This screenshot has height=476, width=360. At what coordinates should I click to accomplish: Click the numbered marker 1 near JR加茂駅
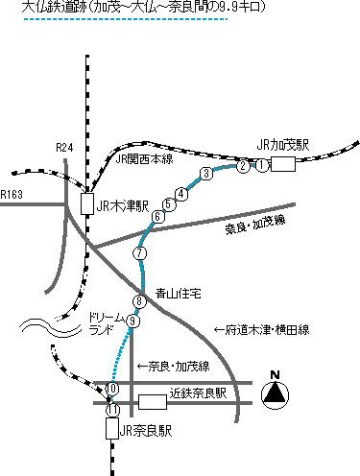pos(259,166)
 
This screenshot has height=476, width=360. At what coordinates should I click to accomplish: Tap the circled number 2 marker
pos(243,166)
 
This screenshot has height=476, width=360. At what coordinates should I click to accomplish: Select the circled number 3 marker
pos(205,173)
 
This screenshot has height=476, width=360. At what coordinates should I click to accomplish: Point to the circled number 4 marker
pos(180,192)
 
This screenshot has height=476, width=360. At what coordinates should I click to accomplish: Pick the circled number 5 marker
pos(169,204)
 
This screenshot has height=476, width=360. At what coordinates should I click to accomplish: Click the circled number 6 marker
pos(158,217)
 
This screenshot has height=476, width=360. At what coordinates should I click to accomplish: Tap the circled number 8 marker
pos(140,302)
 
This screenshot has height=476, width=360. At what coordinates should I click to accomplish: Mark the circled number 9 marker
pos(133,322)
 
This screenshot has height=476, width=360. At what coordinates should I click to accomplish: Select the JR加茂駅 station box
pos(282,165)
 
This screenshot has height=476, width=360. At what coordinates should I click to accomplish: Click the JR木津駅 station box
pos(86,204)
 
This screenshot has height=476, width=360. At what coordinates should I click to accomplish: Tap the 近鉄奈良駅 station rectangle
pos(153,400)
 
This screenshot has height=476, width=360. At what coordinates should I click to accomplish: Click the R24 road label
pos(64,147)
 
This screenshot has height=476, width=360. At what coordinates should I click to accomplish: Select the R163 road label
pos(12,195)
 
